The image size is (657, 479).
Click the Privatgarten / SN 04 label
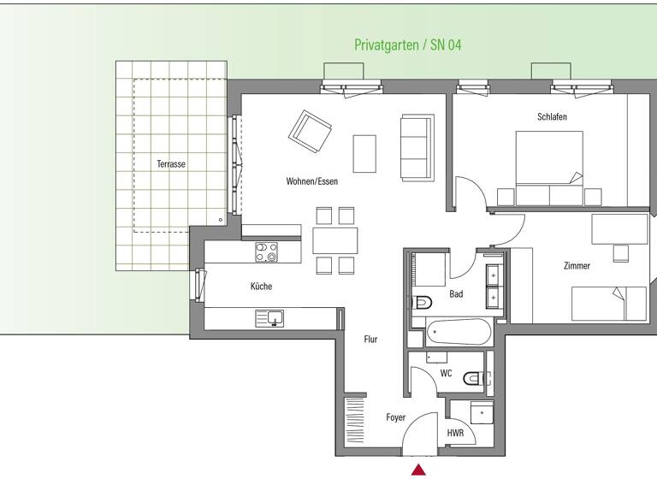[408, 45]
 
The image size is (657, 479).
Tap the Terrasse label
[171, 163]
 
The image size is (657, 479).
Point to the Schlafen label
[552, 116]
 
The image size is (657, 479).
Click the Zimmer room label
[577, 266]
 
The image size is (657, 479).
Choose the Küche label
[261, 287]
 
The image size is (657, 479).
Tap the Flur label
[370, 340]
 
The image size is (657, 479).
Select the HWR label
[455, 434]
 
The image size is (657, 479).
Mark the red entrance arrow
[418, 470]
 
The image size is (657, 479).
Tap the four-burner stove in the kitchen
[266, 251]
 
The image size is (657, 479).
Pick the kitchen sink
[273, 318]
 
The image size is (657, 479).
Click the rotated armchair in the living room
[310, 130]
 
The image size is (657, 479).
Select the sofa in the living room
[416, 147]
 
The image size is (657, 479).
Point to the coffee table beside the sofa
[364, 153]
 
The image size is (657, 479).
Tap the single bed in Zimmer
[609, 303]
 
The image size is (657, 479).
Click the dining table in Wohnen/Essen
[334, 240]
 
